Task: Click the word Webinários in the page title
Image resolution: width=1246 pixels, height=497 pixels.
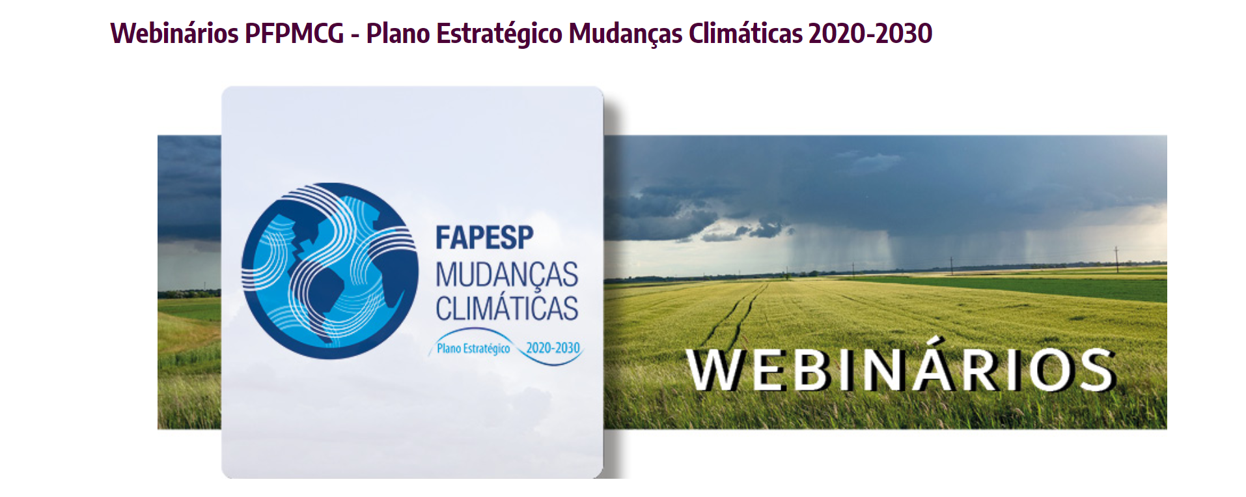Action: coord(174,33)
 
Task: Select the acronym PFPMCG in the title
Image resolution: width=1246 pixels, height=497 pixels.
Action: coord(294,33)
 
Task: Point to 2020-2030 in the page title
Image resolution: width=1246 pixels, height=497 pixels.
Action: coord(870,33)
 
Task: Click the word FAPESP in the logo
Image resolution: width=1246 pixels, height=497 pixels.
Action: coord(484,238)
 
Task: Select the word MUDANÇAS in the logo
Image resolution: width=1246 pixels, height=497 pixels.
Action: coord(506,276)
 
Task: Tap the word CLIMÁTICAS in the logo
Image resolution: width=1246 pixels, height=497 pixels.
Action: coord(506,308)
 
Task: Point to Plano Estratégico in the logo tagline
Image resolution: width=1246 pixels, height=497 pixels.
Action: coord(473,348)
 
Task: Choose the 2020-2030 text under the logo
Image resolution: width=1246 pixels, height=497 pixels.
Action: coord(553,348)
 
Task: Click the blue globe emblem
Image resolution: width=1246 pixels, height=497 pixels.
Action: coord(330,271)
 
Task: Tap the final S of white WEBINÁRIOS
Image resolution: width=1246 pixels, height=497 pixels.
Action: coord(1097,370)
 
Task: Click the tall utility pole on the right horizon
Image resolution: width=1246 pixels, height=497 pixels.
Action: coord(1116,259)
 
